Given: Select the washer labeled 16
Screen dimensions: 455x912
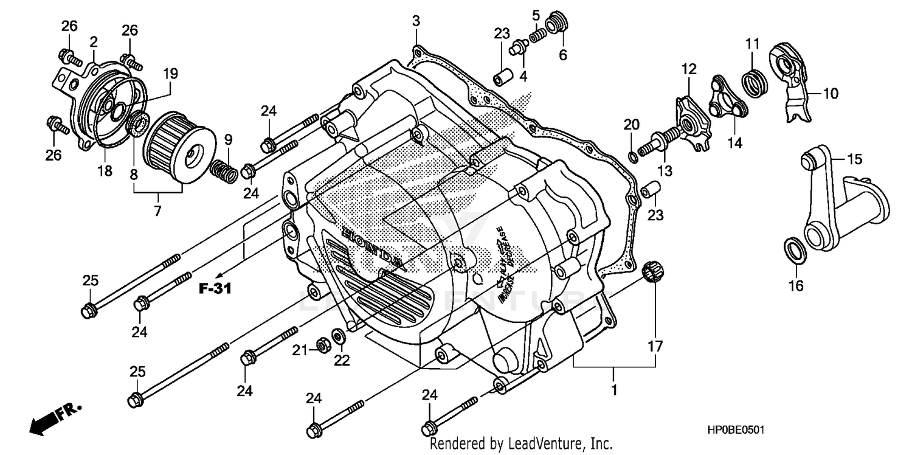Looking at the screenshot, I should click(793, 249).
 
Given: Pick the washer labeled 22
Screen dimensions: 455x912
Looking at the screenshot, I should click(337, 335).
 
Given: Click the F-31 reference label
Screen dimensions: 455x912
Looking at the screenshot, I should click(215, 289).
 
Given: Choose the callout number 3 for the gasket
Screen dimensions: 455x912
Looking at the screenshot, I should click(415, 21).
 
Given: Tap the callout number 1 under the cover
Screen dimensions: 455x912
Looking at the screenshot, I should click(614, 389).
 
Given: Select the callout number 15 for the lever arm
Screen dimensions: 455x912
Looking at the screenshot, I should click(854, 159).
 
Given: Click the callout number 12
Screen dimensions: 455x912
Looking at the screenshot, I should click(688, 69).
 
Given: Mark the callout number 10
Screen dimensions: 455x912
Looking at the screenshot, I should click(831, 94).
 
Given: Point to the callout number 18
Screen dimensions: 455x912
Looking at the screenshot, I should click(105, 171).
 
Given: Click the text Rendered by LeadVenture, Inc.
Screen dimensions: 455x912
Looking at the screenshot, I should click(520, 444).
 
